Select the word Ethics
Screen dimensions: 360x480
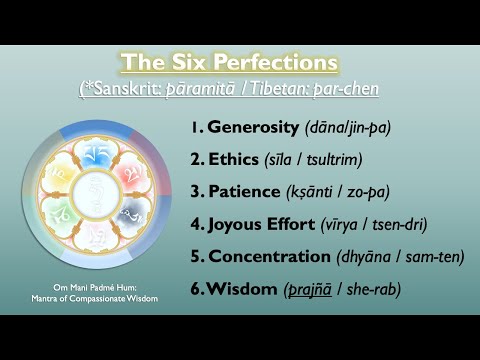tap(234, 159)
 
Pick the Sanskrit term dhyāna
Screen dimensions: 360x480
tap(366, 256)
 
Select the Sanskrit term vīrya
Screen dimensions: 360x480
tap(358, 224)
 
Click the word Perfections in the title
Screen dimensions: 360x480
tap(284, 62)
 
